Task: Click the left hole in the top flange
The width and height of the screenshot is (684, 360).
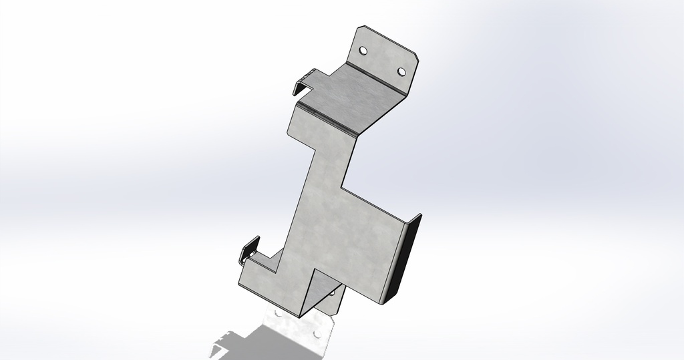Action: (x=363, y=51)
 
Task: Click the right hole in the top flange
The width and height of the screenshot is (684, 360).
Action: (x=401, y=71)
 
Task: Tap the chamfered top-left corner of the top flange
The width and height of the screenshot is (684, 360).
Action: (x=359, y=29)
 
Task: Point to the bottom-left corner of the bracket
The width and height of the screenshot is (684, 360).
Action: (x=240, y=283)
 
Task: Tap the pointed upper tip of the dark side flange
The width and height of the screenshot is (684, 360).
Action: (x=421, y=215)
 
